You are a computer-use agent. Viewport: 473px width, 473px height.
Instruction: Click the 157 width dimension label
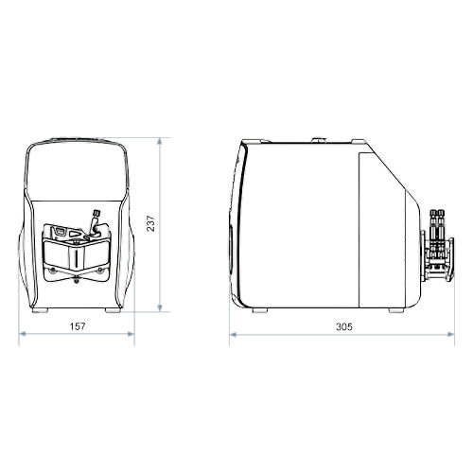pyautogui.click(x=78, y=326)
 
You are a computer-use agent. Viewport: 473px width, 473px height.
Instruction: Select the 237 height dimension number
pyautogui.click(x=150, y=223)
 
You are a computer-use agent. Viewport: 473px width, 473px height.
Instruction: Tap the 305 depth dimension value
pyautogui.click(x=343, y=326)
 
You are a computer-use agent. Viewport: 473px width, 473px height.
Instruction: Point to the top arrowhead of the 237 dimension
pyautogui.click(x=160, y=141)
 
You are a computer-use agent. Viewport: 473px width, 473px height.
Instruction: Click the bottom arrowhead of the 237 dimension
pyautogui.click(x=160, y=308)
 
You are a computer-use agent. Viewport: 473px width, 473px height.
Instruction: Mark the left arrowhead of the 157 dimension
pyautogui.click(x=23, y=334)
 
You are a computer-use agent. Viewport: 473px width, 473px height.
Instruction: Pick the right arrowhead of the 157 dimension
pyautogui.click(x=131, y=334)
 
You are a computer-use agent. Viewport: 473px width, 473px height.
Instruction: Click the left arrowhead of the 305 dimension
pyautogui.click(x=234, y=335)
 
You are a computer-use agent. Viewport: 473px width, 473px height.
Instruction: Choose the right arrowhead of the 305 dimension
pyautogui.click(x=450, y=335)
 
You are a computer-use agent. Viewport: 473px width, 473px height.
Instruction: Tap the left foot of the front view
pyautogui.click(x=40, y=310)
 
